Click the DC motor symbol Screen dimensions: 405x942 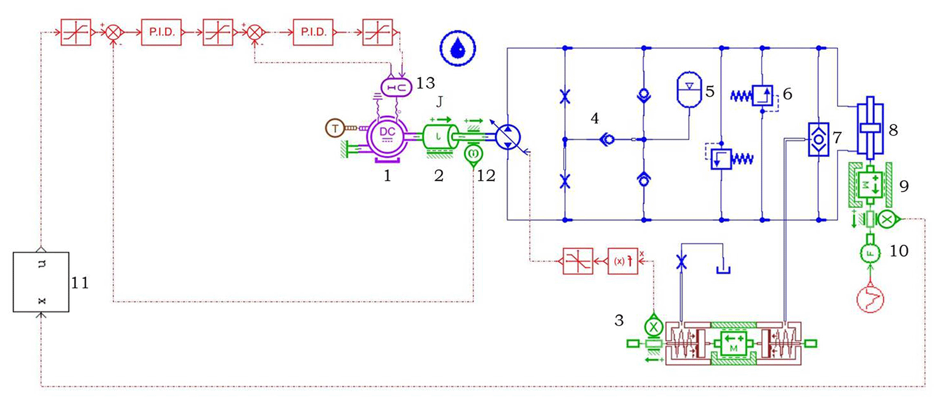[x=387, y=135]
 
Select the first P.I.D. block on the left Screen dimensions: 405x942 [x=161, y=32]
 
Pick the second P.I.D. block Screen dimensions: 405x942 [x=313, y=32]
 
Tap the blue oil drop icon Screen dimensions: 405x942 [x=458, y=48]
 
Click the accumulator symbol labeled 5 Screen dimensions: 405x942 [x=689, y=90]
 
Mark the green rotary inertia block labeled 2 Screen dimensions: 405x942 [x=438, y=136]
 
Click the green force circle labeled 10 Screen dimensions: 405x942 [x=870, y=252]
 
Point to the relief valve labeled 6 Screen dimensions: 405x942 [x=762, y=95]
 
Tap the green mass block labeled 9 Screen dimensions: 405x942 [x=870, y=185]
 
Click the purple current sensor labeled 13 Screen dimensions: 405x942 [x=396, y=87]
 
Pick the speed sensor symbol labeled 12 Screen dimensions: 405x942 [x=473, y=154]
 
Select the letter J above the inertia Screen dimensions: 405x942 [x=439, y=102]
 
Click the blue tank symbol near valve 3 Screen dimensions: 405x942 [x=723, y=269]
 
